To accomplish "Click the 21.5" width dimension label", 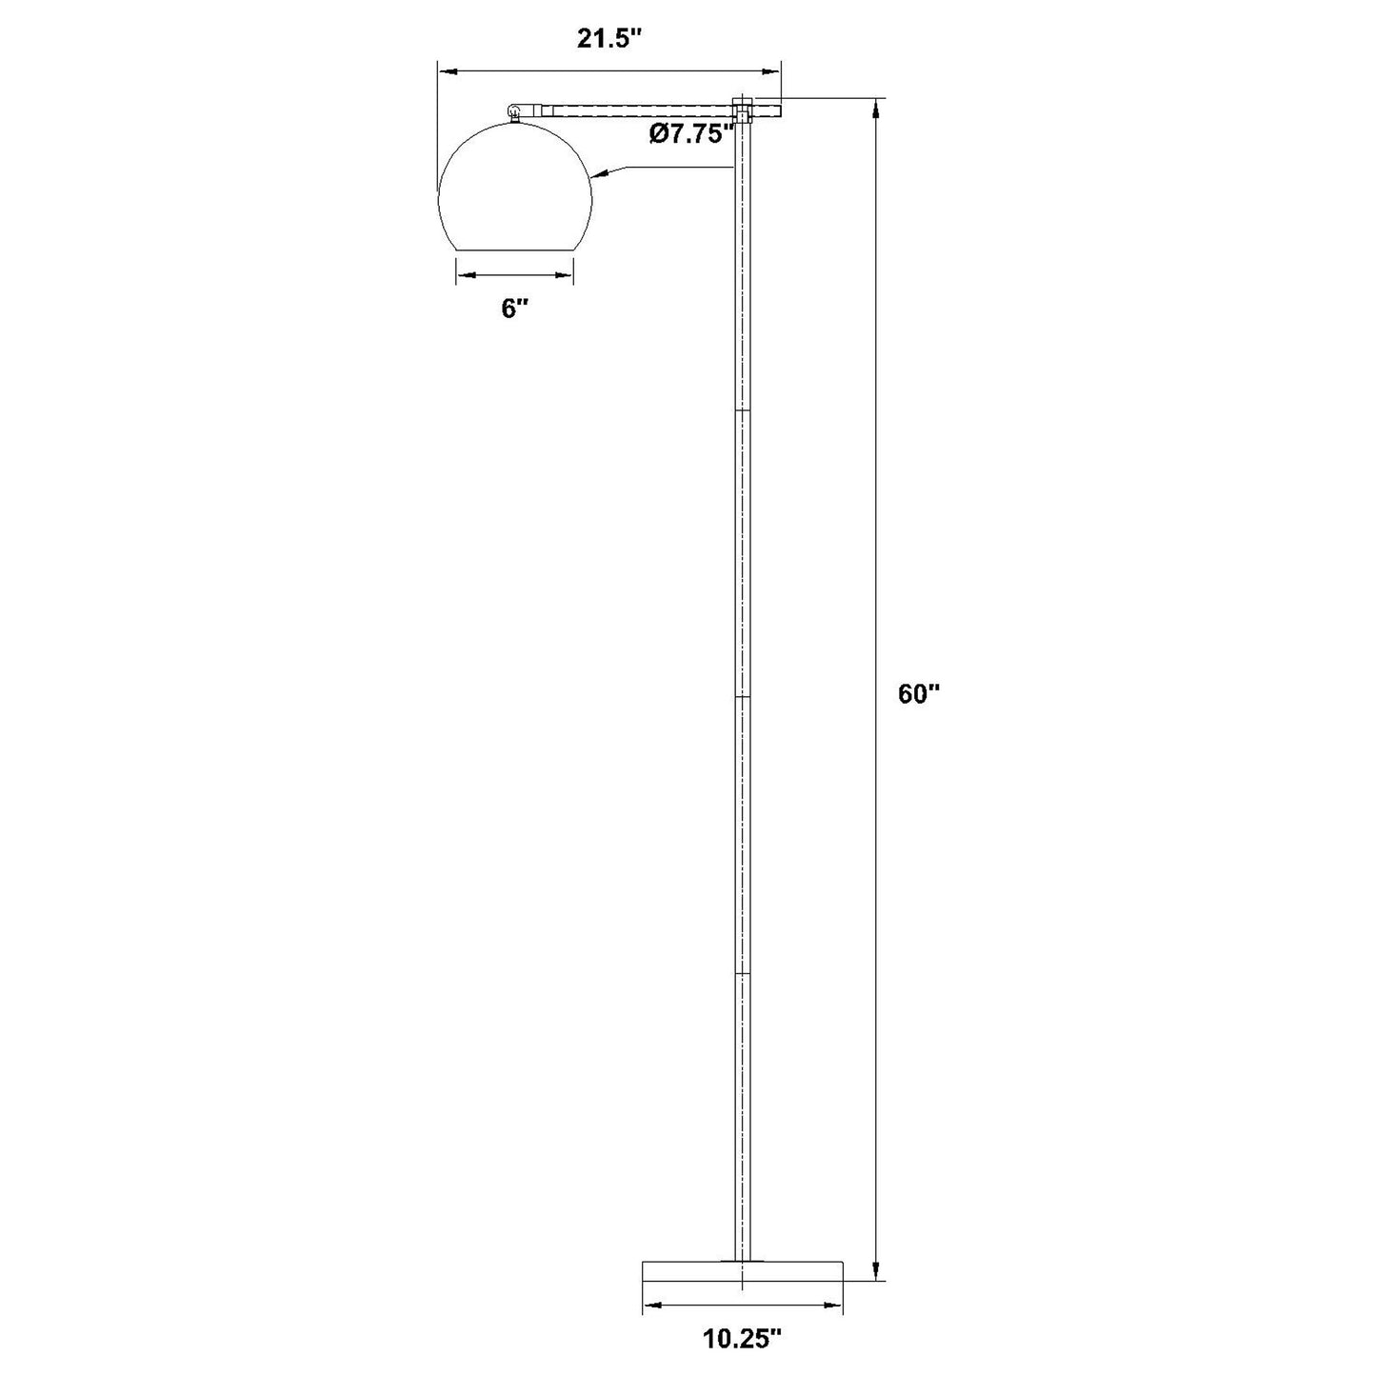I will coord(608,38).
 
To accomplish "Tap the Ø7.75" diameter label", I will coord(691,134).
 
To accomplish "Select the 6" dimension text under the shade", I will coord(514,309).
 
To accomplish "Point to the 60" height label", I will coord(918,693).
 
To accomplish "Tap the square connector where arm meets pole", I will coord(742,110).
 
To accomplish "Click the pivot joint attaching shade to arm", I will coord(516,110).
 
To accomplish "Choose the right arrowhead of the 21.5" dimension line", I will coord(772,70).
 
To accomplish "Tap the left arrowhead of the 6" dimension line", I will coord(465,275).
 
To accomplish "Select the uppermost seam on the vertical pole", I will coord(742,411).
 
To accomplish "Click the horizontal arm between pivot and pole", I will coord(638,110).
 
